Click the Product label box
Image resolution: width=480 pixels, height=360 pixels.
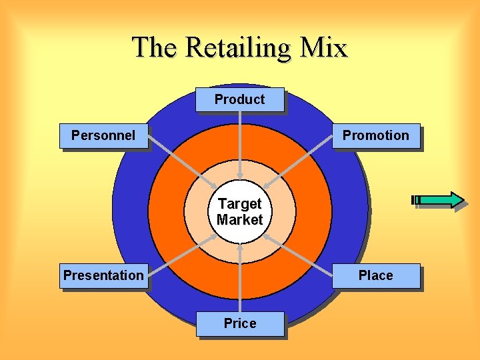239,99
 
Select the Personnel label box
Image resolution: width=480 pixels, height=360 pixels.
103,135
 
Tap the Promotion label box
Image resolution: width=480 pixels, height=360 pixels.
376,135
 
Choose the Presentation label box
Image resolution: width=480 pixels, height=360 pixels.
103,275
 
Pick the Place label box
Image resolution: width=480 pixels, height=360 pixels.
376,275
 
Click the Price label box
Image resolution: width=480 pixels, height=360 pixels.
239,323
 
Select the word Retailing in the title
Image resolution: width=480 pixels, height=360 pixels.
239,48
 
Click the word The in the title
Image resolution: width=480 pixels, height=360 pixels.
155,48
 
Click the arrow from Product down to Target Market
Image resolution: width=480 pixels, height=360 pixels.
239,143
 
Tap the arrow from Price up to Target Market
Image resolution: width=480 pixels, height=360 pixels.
239,280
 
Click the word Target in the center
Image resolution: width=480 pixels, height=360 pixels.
239,203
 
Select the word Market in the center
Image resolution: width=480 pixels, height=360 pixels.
239,219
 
